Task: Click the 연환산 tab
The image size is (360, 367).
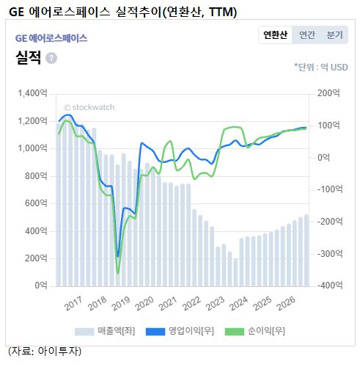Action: coord(275,35)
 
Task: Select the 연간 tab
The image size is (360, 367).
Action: coord(307,35)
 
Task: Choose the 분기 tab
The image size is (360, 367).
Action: coord(335,35)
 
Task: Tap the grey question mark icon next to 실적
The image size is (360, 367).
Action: coord(51,58)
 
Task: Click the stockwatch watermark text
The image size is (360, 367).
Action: coord(89,107)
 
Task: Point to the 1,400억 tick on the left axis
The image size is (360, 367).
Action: coord(32,93)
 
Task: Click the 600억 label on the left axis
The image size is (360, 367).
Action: coord(36,203)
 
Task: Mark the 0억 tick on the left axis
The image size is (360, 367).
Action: coord(41,285)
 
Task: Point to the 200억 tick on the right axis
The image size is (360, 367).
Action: coord(328,93)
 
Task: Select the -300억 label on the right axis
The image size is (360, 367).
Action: coord(330,253)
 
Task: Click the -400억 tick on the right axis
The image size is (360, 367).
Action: coord(330,285)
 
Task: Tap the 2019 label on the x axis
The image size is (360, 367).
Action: coord(121,304)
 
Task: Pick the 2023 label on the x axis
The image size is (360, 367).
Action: coord(215,304)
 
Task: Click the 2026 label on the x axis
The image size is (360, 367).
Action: coord(286,304)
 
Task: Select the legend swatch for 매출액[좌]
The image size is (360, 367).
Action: coord(84,332)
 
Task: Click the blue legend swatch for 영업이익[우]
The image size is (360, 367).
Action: coord(155,332)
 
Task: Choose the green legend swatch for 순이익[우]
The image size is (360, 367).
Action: coord(235,332)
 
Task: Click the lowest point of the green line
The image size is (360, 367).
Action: coord(118,273)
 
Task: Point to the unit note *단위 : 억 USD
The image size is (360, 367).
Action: coord(321,67)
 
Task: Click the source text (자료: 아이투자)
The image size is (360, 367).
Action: coord(45,352)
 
